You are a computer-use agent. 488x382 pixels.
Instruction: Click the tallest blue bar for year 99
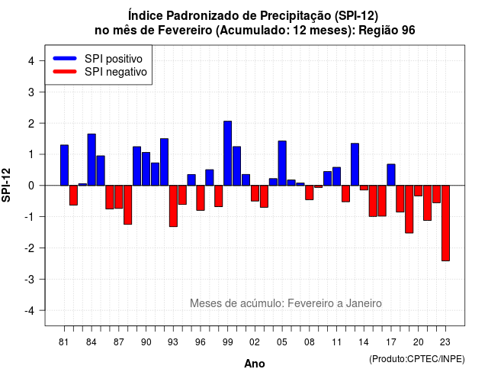tap(227, 153)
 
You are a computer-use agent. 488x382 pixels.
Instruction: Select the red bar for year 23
tap(445, 223)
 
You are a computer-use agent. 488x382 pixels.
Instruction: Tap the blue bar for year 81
tap(64, 165)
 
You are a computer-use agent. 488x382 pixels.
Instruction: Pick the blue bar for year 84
tap(91, 160)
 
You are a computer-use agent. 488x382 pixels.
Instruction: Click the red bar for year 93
tap(173, 206)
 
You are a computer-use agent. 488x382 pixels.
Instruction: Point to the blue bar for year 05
tap(282, 163)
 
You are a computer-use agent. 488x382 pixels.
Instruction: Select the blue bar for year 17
tap(391, 175)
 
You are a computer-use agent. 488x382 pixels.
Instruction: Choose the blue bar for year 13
tap(355, 164)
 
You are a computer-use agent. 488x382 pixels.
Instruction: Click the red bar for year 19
tap(409, 209)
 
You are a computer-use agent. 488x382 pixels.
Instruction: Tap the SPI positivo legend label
tap(114, 59)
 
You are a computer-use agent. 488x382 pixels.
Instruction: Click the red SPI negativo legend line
tap(65, 72)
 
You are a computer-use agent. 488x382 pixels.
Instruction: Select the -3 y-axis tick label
tap(29, 280)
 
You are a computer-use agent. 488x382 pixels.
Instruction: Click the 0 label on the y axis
tap(31, 186)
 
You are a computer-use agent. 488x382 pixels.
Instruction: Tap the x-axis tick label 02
tap(255, 342)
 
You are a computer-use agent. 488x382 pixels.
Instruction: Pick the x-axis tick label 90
tap(146, 342)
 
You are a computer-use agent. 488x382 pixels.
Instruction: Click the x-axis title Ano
tap(255, 364)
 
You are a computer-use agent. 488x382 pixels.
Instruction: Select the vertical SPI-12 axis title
tap(6, 185)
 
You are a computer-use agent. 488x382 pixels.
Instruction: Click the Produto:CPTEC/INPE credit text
tap(417, 359)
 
